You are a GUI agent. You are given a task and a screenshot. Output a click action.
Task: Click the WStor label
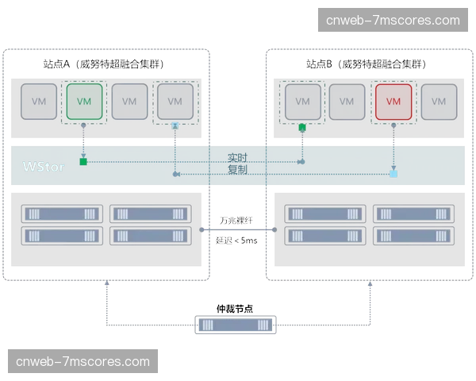pyautogui.click(x=44, y=167)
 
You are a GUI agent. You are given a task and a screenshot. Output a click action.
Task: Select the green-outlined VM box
pyautogui.click(x=85, y=102)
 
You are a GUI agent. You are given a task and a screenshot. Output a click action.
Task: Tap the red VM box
pyautogui.click(x=393, y=102)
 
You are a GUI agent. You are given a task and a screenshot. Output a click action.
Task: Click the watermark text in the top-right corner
pyautogui.click(x=398, y=20)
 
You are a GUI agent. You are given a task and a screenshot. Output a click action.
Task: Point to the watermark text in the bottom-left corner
pyautogui.click(x=83, y=362)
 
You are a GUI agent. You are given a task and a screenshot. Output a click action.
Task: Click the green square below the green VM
pyautogui.click(x=83, y=163)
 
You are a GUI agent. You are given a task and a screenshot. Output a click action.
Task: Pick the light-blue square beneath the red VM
pyautogui.click(x=393, y=173)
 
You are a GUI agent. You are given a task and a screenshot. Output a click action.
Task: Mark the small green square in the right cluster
pyautogui.click(x=302, y=127)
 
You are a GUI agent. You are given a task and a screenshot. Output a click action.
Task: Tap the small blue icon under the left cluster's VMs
pyautogui.click(x=175, y=125)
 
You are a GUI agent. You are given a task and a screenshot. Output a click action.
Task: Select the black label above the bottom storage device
pyautogui.click(x=235, y=306)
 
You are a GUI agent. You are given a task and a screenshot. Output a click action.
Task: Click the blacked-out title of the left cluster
pyautogui.click(x=102, y=63)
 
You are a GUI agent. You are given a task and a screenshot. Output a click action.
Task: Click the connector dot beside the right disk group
pyautogui.click(x=274, y=230)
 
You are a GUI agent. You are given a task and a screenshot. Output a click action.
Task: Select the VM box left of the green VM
pyautogui.click(x=39, y=102)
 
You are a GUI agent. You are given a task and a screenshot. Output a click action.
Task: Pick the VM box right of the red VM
pyautogui.click(x=439, y=102)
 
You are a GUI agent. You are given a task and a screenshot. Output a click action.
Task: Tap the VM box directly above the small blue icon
pyautogui.click(x=175, y=102)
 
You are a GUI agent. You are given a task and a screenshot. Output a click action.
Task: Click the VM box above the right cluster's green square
pyautogui.click(x=302, y=102)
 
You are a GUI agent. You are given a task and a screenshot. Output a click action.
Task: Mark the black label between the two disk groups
pyautogui.click(x=235, y=223)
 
